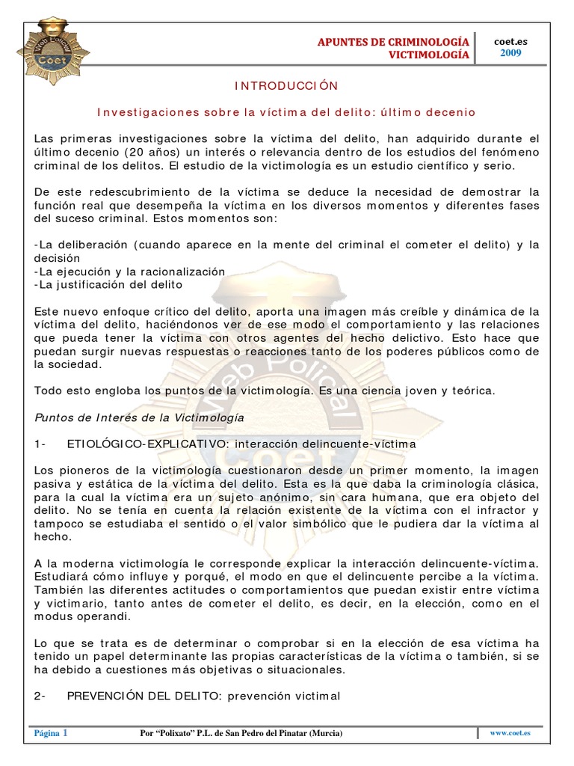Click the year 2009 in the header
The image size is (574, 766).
(x=511, y=53)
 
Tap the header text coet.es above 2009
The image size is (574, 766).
(x=511, y=42)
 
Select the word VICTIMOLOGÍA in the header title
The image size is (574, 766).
(x=429, y=55)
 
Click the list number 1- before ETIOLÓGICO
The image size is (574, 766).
(x=41, y=444)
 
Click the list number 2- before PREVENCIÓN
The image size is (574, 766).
(x=41, y=696)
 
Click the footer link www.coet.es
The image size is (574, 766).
(x=516, y=734)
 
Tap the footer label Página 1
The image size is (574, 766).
(x=51, y=734)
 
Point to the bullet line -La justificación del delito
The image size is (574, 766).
(x=108, y=284)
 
